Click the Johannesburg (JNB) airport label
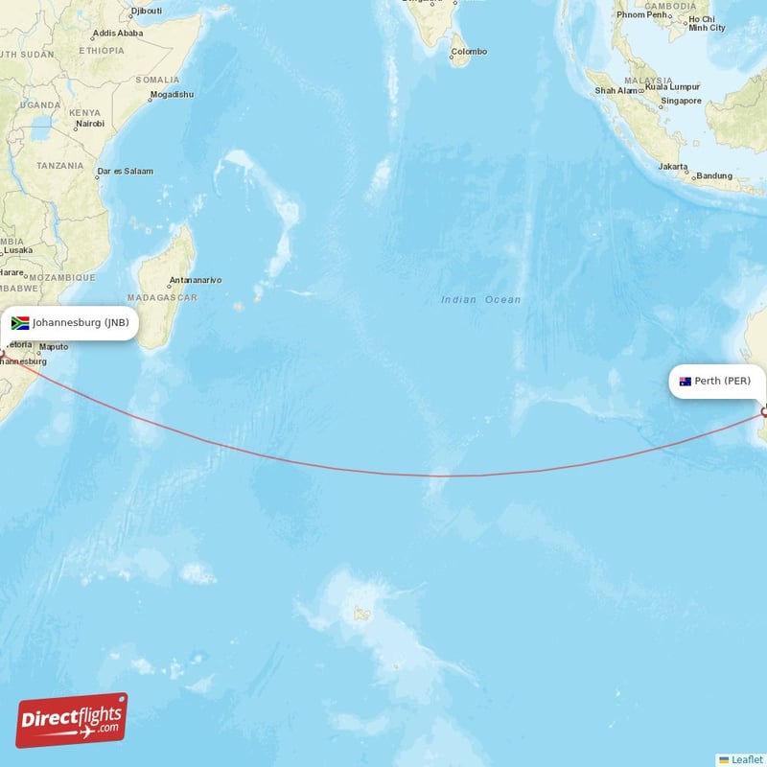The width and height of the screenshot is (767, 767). (x=81, y=323)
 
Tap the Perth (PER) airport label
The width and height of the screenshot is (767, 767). (x=723, y=381)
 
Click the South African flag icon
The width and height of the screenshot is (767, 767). (x=20, y=323)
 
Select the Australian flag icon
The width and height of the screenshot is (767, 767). (x=686, y=382)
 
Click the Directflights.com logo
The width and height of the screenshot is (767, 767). (x=72, y=720)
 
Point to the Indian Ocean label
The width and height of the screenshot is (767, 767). (x=481, y=300)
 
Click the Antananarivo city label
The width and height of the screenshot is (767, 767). (x=196, y=281)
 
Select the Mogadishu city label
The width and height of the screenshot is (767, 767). (x=173, y=95)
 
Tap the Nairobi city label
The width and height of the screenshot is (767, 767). (x=89, y=125)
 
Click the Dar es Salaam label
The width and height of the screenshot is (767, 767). (x=126, y=172)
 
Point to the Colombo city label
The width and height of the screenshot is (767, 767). (x=470, y=52)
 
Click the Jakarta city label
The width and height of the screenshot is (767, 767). (x=672, y=167)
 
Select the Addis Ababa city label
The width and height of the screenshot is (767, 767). (x=118, y=33)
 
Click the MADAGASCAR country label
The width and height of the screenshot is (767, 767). (x=169, y=298)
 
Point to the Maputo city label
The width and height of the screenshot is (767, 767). (x=54, y=346)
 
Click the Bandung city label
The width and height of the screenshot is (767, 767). (x=714, y=175)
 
